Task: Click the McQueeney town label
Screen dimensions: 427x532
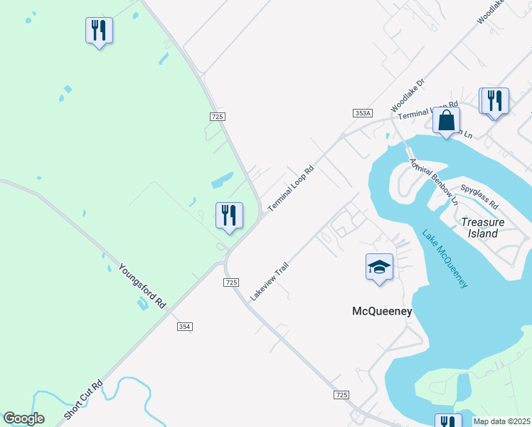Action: click(382, 311)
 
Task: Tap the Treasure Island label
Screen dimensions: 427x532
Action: click(483, 227)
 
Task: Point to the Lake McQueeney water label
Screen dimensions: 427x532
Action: click(445, 258)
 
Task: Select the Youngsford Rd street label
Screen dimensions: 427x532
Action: click(142, 286)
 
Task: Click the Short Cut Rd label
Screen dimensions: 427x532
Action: click(83, 400)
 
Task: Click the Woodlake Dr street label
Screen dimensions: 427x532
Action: click(408, 95)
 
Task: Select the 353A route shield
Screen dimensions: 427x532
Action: click(363, 113)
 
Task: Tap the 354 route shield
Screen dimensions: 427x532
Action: click(185, 326)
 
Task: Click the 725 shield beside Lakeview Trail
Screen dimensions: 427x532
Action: click(230, 283)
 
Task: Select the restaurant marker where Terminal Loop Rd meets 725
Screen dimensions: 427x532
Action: click(229, 216)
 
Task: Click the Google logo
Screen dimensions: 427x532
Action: click(23, 418)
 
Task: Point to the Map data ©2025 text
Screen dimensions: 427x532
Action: click(502, 421)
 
